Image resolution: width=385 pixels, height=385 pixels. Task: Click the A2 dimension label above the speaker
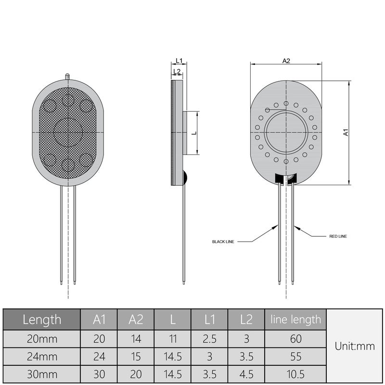pyautogui.click(x=286, y=61)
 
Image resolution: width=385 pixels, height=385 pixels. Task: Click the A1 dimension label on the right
pyautogui.click(x=346, y=132)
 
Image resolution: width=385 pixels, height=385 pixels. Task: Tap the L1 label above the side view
pyautogui.click(x=179, y=61)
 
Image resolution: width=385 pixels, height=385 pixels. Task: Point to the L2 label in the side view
pyautogui.click(x=177, y=72)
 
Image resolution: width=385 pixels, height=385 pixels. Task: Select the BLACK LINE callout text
pyautogui.click(x=223, y=242)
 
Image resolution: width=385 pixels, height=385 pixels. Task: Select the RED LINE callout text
pyautogui.click(x=338, y=236)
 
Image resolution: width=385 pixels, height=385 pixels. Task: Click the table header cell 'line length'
pyautogui.click(x=295, y=319)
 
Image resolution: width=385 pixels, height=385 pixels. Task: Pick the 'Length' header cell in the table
pyautogui.click(x=42, y=319)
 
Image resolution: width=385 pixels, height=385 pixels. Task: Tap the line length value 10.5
pyautogui.click(x=295, y=374)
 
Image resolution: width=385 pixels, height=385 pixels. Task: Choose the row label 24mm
pyautogui.click(x=42, y=357)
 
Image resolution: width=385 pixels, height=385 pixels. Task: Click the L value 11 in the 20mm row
pyautogui.click(x=172, y=339)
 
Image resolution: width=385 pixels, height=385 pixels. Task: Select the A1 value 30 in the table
pyautogui.click(x=99, y=374)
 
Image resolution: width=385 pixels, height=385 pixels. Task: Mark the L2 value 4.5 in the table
pyautogui.click(x=246, y=374)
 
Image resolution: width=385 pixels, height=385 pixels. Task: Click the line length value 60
pyautogui.click(x=295, y=339)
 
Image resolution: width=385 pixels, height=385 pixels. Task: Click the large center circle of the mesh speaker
pyautogui.click(x=68, y=131)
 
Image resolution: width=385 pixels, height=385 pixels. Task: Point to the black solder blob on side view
pyautogui.click(x=183, y=179)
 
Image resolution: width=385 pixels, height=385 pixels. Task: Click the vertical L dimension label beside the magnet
pyautogui.click(x=194, y=133)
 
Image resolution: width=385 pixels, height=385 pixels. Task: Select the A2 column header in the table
pyautogui.click(x=136, y=319)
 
